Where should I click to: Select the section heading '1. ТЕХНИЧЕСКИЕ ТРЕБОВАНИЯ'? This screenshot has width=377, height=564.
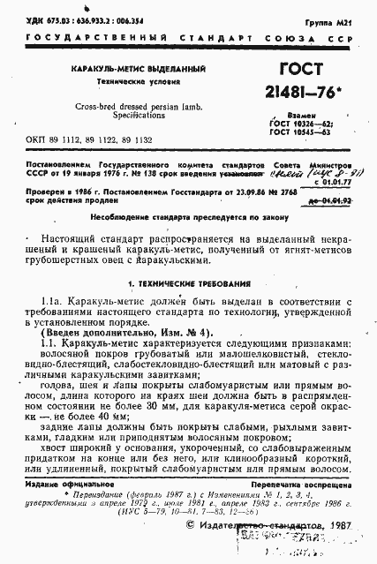coord(188,283)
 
